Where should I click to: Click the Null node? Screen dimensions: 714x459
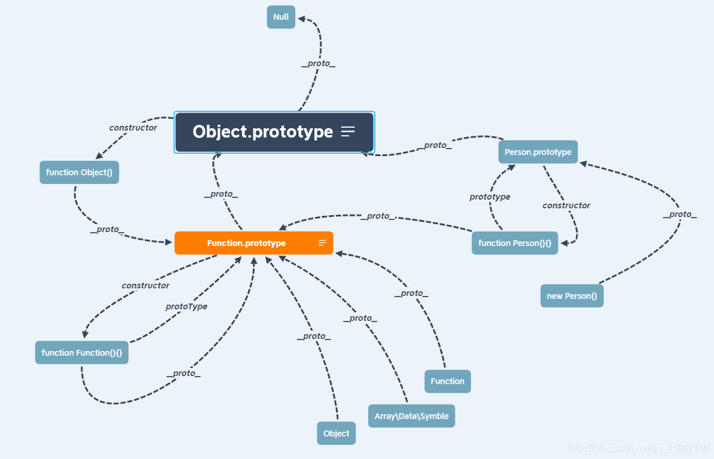(281, 17)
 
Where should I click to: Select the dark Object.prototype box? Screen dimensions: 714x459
(263, 132)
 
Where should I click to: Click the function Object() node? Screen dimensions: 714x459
(79, 172)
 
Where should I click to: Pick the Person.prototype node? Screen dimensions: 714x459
(538, 152)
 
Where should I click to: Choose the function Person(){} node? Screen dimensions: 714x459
(514, 243)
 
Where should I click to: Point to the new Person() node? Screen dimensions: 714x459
(571, 296)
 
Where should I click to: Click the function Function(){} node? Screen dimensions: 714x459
(82, 353)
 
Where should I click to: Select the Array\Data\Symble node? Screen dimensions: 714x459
(411, 416)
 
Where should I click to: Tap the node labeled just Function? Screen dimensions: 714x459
(447, 381)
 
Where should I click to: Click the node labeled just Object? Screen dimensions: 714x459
(336, 433)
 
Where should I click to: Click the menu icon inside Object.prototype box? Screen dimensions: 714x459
(348, 132)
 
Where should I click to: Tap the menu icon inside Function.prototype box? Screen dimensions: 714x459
(322, 243)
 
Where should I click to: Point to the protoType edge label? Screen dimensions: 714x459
(186, 306)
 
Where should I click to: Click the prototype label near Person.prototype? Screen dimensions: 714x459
(490, 197)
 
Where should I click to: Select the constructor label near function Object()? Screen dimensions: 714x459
(133, 128)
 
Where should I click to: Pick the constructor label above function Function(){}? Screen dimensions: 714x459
(146, 285)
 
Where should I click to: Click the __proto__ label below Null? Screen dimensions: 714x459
(318, 63)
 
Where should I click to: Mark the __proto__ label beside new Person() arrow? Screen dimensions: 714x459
(680, 214)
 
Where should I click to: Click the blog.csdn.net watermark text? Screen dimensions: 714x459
(637, 448)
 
